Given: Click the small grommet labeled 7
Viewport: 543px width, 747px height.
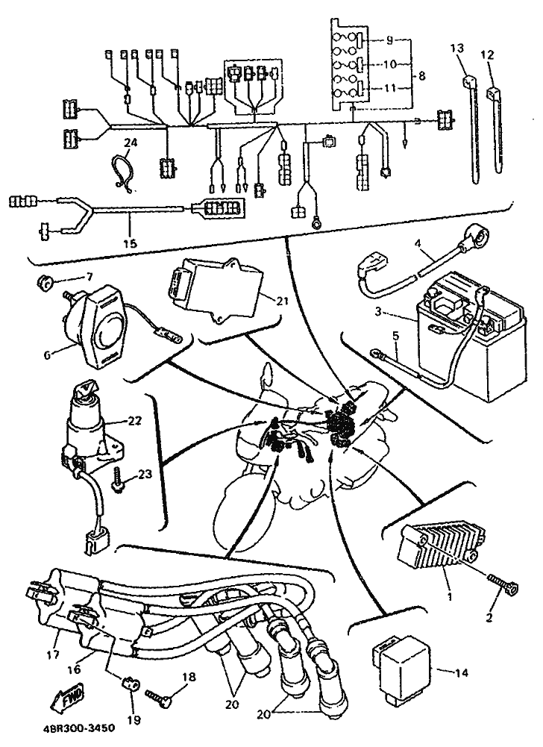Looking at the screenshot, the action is pyautogui.click(x=45, y=284).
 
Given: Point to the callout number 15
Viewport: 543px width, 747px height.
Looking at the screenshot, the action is pyautogui.click(x=130, y=244).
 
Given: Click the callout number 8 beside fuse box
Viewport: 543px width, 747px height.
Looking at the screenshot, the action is pyautogui.click(x=421, y=76).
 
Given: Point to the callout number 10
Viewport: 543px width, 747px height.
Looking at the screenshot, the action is pyautogui.click(x=389, y=64).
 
